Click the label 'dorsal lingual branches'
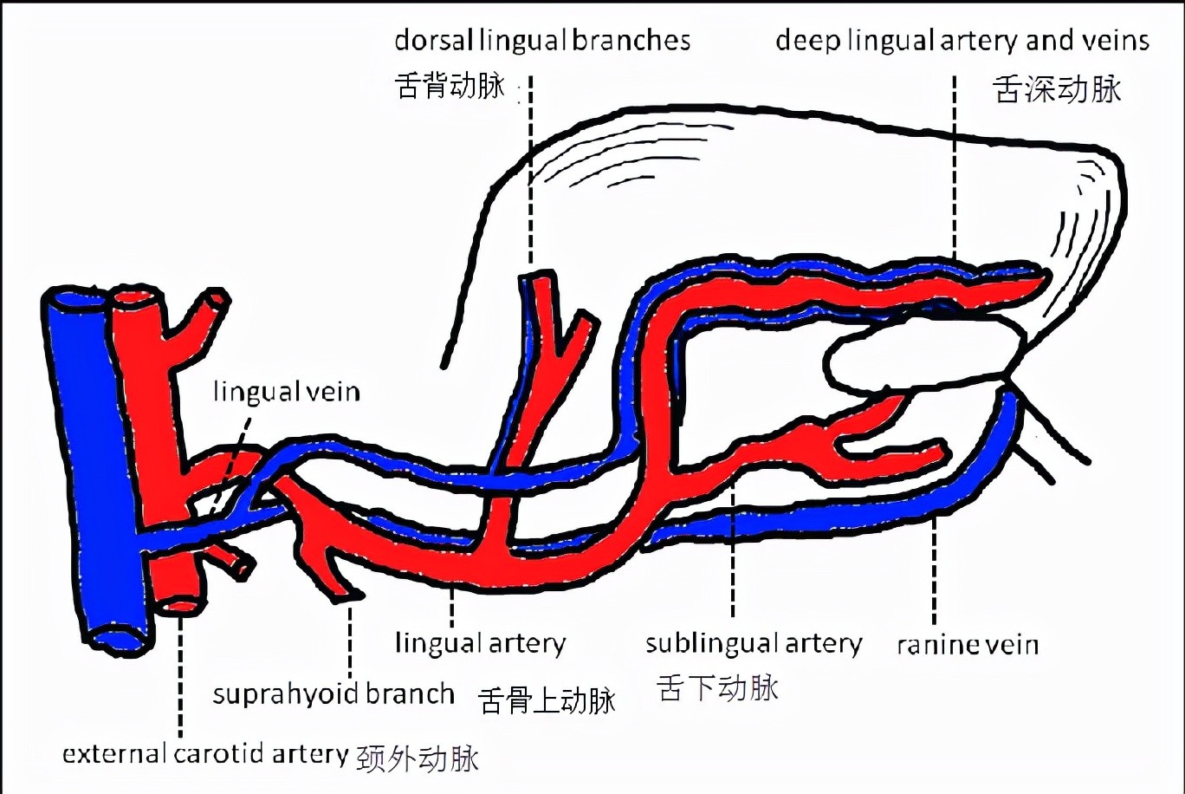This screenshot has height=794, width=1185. [542, 40]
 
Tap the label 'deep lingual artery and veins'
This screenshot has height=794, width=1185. [962, 40]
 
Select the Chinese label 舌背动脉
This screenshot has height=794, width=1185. [449, 86]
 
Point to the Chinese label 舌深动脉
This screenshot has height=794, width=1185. [1057, 89]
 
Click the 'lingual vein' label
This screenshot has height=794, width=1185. [286, 392]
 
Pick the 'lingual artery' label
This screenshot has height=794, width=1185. [480, 644]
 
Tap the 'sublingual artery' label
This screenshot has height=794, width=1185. [753, 644]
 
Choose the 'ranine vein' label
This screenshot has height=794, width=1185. [967, 645]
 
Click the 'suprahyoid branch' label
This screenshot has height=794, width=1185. [333, 694]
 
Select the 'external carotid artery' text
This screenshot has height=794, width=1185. [204, 754]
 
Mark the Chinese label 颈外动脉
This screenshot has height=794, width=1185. [418, 758]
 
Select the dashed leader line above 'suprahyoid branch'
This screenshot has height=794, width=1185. [350, 641]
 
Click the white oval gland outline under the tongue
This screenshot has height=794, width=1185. [918, 361]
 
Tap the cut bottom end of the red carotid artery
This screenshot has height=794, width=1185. [180, 604]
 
